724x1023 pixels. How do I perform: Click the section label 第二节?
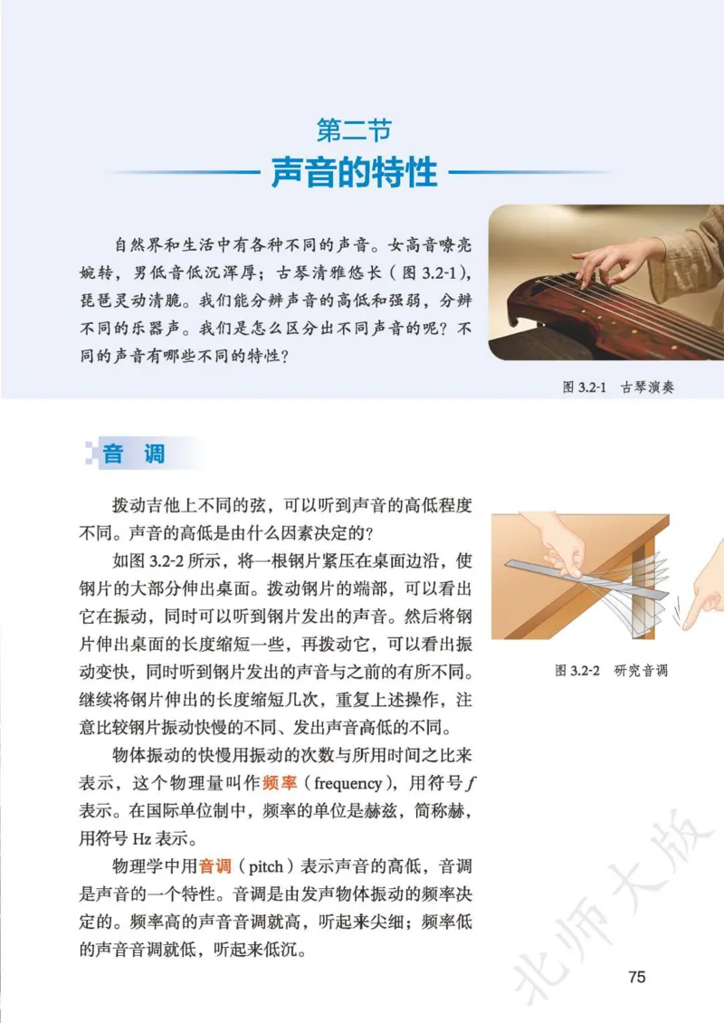click(x=354, y=130)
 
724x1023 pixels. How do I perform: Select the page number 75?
click(x=636, y=977)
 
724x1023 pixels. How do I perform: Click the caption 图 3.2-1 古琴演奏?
click(x=618, y=387)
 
